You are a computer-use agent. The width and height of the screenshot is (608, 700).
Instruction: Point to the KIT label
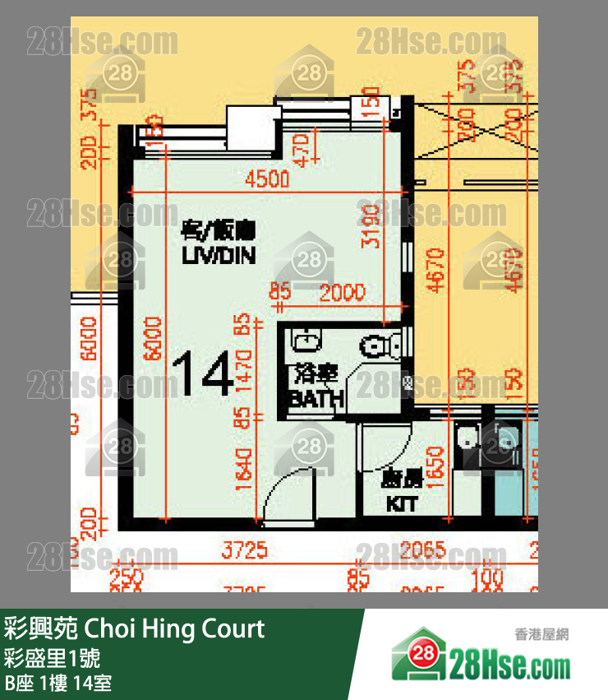[x=401, y=503]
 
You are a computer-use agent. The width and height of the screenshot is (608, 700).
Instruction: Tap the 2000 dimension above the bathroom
[x=343, y=292]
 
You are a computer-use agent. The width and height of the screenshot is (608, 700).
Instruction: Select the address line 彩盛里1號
[x=53, y=659]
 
